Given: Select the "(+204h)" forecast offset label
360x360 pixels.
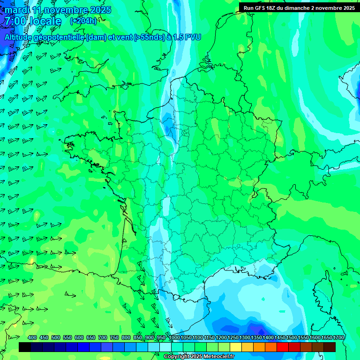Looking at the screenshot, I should coord(83,21).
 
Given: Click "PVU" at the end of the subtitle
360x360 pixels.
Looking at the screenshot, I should coord(193,37).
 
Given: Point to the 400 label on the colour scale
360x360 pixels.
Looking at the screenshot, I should coord(32,338).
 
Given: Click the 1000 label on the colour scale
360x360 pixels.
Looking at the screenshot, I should coord(174,338).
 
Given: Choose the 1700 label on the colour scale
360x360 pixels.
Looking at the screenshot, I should coord(338,338).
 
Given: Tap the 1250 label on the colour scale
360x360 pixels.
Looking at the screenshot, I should coord(233,338).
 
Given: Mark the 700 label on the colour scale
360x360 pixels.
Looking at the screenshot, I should coord(103,338).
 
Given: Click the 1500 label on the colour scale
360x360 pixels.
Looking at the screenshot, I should coord(292,338).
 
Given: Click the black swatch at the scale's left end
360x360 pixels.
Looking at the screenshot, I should coord(25,347).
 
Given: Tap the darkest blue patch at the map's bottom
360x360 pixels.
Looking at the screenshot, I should coord(255,328).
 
